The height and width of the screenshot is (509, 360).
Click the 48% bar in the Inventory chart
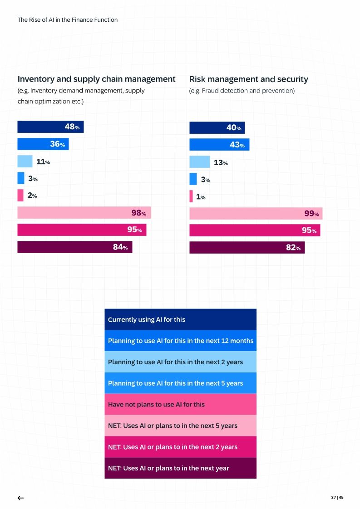[x=50, y=127]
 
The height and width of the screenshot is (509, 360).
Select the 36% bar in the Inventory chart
[x=43, y=144]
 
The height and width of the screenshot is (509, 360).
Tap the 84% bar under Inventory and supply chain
[x=74, y=247]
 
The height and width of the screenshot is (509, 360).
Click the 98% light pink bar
[x=84, y=213]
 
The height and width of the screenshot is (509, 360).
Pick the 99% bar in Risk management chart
[x=256, y=214]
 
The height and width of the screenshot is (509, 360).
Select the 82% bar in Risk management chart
[x=247, y=248]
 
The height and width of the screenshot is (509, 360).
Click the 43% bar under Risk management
[x=219, y=145]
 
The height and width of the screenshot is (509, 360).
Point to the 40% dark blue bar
[x=217, y=128]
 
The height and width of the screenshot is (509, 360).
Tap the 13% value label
[x=221, y=162]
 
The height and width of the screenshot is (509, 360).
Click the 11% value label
[x=43, y=162]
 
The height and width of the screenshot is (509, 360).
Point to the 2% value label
[x=32, y=196]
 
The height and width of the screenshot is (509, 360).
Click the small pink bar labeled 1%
[x=191, y=196]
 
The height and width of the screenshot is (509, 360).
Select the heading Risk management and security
[x=248, y=79]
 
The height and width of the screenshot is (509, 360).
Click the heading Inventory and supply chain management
[x=96, y=79]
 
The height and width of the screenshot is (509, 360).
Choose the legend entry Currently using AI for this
[x=180, y=319]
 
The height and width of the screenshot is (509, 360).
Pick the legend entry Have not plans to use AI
[x=180, y=404]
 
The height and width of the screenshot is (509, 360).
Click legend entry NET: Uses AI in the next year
[x=180, y=468]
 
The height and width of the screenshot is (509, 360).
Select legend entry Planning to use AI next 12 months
[x=180, y=341]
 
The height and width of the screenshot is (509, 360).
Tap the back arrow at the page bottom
[x=20, y=498]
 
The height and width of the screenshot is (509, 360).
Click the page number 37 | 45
[x=337, y=497]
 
